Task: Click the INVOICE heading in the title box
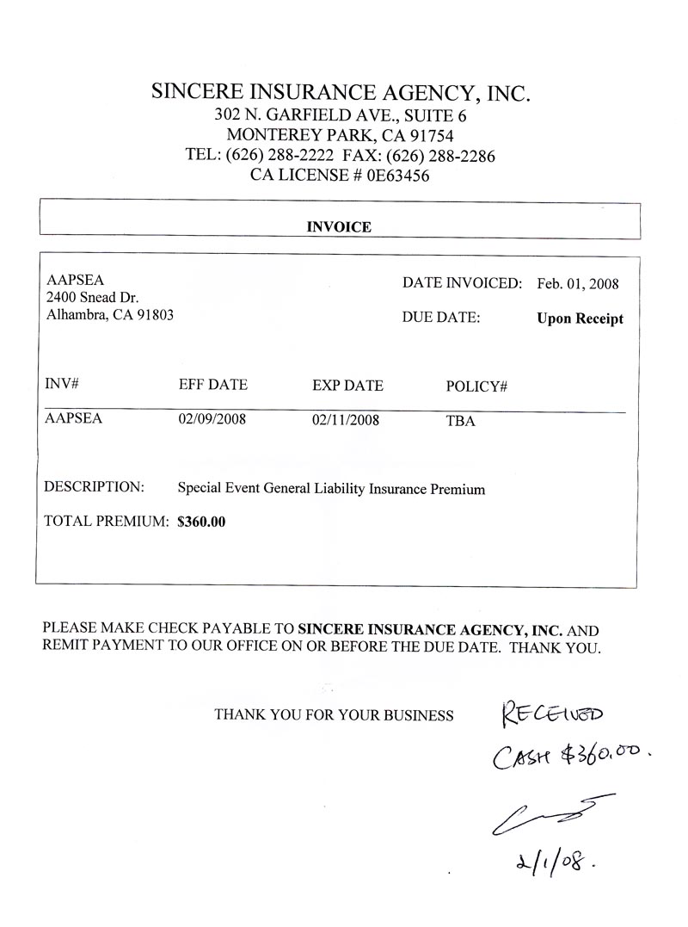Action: [339, 227]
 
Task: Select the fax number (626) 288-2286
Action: [440, 156]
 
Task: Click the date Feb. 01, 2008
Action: [577, 283]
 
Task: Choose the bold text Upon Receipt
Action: [580, 318]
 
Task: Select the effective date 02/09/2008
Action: [211, 421]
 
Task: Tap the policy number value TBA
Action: [460, 422]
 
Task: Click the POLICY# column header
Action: [476, 386]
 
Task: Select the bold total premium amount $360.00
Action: [201, 521]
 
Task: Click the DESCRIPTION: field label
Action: [94, 487]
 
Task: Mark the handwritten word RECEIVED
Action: [553, 714]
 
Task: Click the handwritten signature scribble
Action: [550, 813]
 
